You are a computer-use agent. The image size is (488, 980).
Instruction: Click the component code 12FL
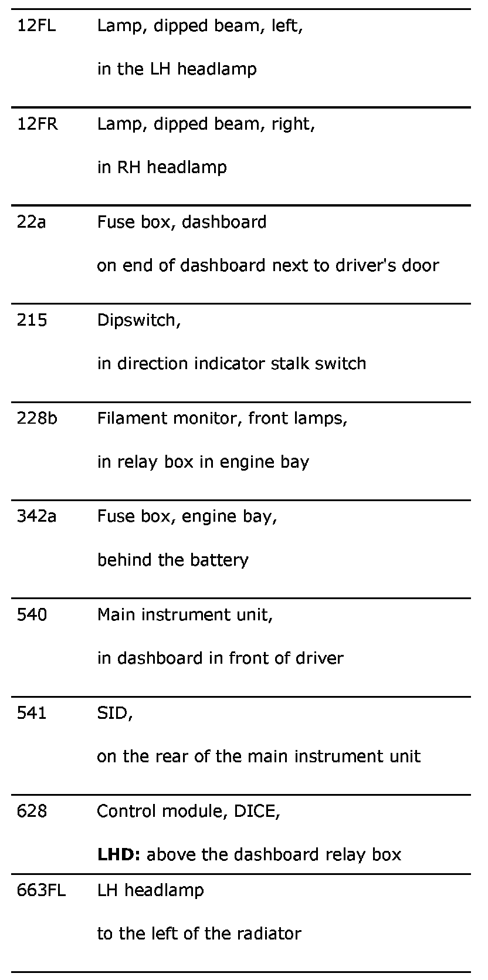click(x=36, y=26)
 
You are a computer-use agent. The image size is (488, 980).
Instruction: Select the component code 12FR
click(x=38, y=124)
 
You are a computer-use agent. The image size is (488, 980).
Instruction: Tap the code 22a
click(x=31, y=222)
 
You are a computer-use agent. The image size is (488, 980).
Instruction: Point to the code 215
click(x=32, y=320)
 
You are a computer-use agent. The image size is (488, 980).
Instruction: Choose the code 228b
click(x=37, y=418)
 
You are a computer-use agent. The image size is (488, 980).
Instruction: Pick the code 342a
click(x=36, y=516)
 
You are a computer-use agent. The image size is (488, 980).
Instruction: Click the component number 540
click(x=32, y=614)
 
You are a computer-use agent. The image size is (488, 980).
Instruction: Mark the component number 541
click(x=32, y=713)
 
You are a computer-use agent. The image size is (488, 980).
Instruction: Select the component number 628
click(x=32, y=811)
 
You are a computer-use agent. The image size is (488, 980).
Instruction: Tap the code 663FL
click(x=41, y=890)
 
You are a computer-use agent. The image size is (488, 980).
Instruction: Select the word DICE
click(x=256, y=811)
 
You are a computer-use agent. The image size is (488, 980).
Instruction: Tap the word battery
click(x=219, y=560)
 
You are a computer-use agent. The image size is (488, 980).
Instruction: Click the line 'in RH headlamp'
click(x=162, y=168)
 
